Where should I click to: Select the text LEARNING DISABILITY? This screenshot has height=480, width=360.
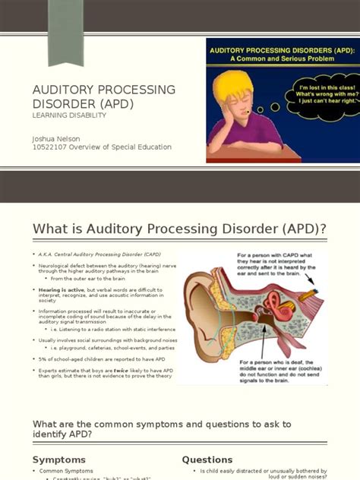point(69,115)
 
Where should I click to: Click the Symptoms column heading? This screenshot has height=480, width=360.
point(59,459)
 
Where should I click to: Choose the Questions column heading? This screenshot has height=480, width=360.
point(207,459)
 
